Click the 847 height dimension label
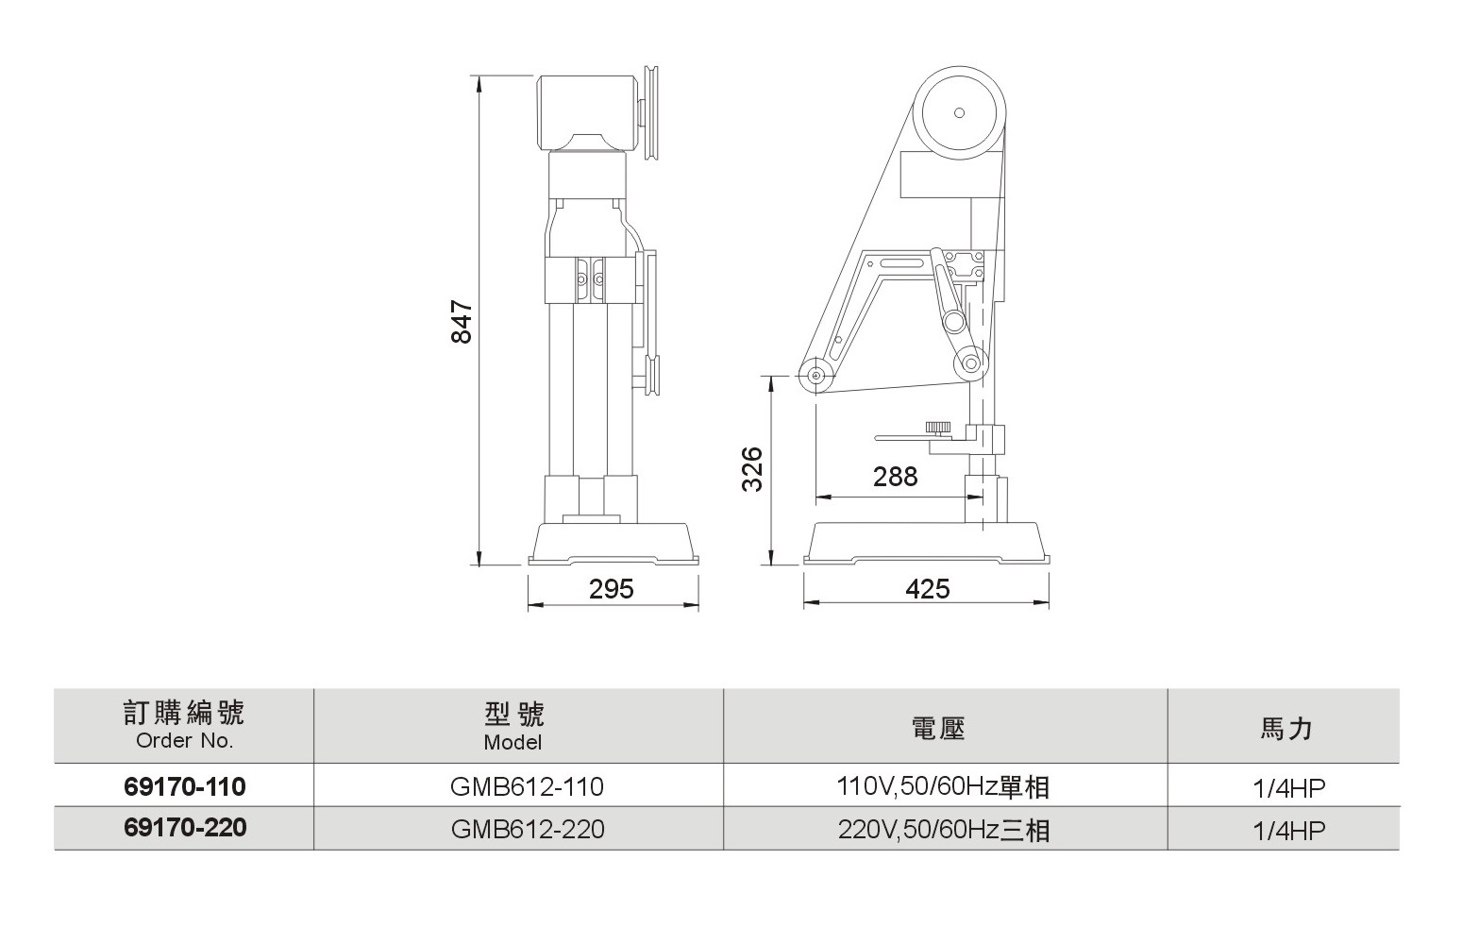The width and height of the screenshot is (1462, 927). coord(462,322)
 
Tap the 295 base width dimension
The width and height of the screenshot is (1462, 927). coord(611,589)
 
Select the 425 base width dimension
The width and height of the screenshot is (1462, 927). coord(928,589)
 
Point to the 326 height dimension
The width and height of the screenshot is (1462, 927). coord(752,469)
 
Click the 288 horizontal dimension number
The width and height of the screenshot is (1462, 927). coord(896,477)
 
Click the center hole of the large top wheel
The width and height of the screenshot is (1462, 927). coord(959,112)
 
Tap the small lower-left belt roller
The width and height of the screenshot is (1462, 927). coord(815,376)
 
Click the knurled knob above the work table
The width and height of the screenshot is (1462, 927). coord(938,429)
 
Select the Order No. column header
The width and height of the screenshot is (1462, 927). coord(184,724)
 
